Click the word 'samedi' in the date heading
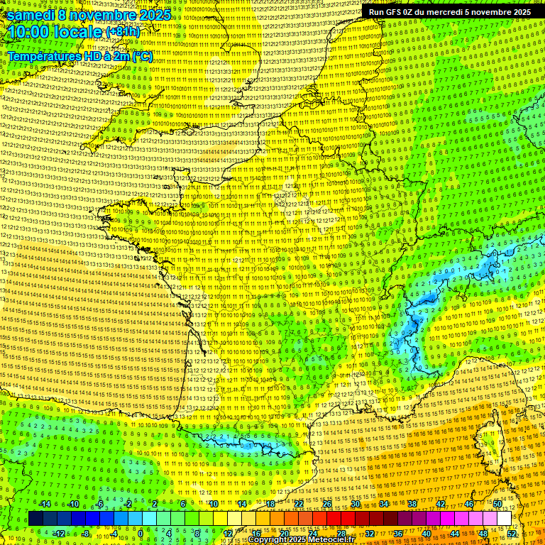(32, 15)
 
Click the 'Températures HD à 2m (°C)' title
(79, 55)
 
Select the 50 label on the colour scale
(497, 504)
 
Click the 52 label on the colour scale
(512, 533)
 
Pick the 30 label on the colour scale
(356, 504)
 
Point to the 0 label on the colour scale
(141, 533)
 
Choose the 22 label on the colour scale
(299, 504)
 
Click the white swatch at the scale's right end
(504, 519)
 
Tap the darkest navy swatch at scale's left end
(35, 519)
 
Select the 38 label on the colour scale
(412, 504)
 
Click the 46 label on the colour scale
(469, 504)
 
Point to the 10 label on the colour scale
(213, 504)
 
